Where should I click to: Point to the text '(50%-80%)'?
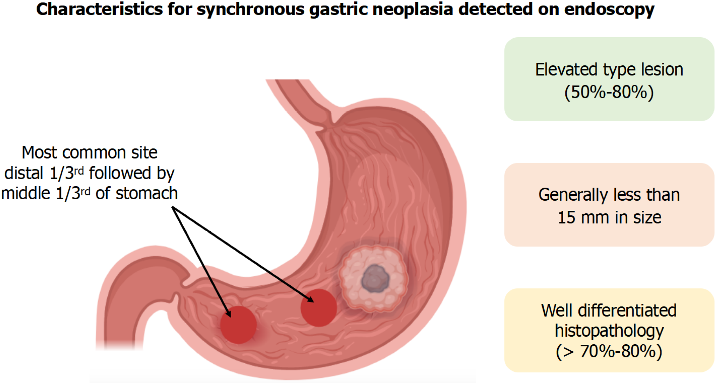(x=609, y=92)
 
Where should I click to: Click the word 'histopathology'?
(x=609, y=331)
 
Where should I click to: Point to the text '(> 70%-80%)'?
(x=609, y=351)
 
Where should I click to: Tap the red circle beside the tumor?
(x=319, y=308)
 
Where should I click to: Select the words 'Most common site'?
(x=89, y=152)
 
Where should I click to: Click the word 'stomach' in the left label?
(x=147, y=194)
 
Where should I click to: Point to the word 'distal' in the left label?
(x=24, y=173)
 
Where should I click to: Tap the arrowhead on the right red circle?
(x=310, y=299)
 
